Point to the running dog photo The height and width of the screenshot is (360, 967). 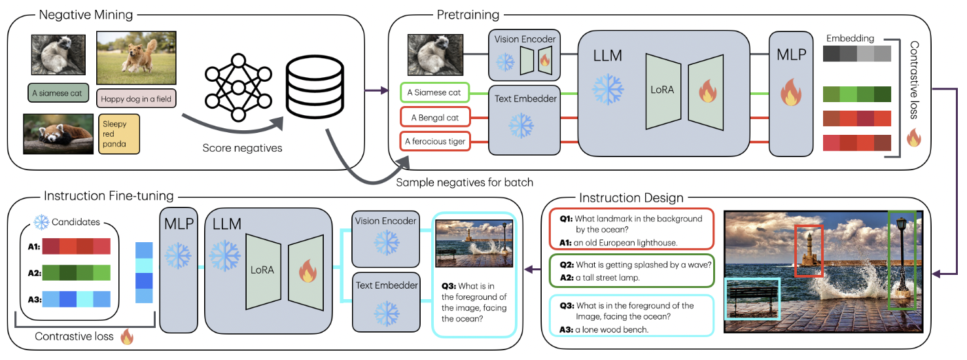[x=136, y=59]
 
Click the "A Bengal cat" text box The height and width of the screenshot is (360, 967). [x=435, y=118]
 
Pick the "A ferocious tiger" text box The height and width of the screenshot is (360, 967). [x=435, y=141]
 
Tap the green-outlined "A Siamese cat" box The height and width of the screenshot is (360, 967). [x=435, y=93]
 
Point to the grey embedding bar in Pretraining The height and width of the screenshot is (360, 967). [x=856, y=54]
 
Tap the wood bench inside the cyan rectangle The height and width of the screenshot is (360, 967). [x=753, y=299]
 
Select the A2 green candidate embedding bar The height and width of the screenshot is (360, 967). [x=78, y=273]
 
